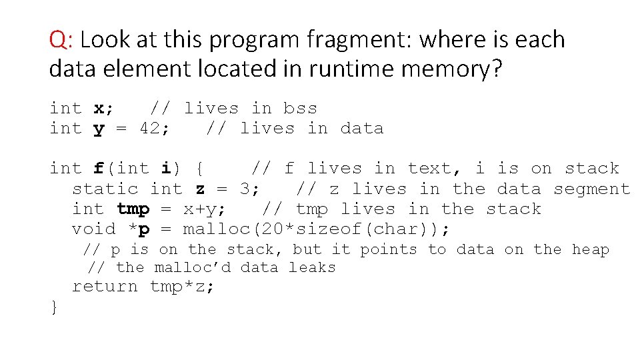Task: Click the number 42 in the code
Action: [151, 128]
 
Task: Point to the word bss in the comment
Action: [300, 108]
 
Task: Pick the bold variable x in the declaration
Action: [99, 108]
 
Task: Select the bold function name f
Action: [99, 168]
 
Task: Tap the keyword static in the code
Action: [105, 189]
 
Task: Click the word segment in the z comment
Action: [591, 189]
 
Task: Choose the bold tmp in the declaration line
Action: [133, 209]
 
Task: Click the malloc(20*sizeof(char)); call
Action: [317, 229]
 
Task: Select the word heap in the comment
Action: [591, 249]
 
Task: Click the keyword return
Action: [105, 287]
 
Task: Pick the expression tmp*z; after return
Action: [183, 287]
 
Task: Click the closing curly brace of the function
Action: [54, 307]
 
